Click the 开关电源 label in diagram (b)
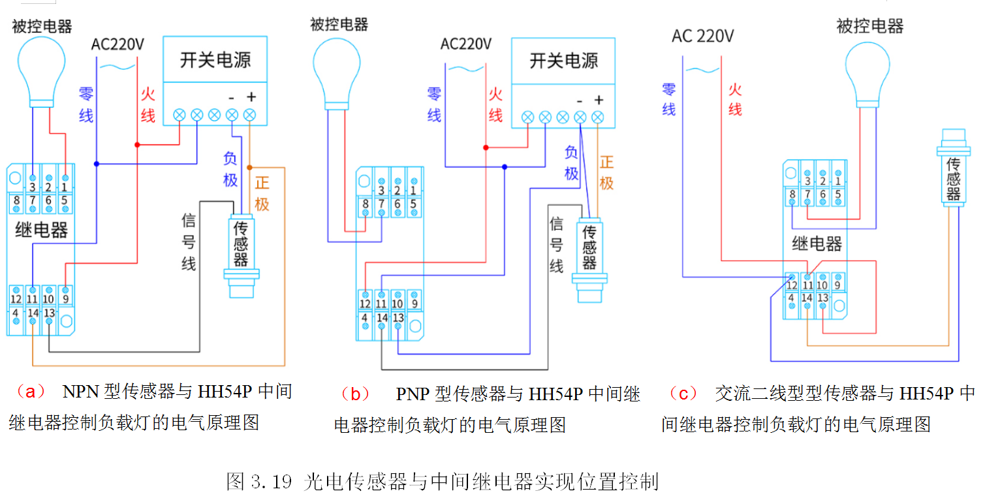pyautogui.click(x=563, y=61)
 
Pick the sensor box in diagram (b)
pyautogui.click(x=589, y=247)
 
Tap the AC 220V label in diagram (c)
pyautogui.click(x=702, y=36)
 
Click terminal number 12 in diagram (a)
pyautogui.click(x=16, y=299)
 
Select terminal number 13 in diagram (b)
pyautogui.click(x=398, y=318)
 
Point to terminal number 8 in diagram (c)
pyautogui.click(x=792, y=193)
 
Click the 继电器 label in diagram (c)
pyautogui.click(x=817, y=244)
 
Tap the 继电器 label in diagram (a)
pyautogui.click(x=41, y=230)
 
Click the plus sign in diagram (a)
pyautogui.click(x=251, y=97)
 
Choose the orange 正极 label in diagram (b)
pyautogui.click(x=606, y=172)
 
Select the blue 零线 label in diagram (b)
pyautogui.click(x=434, y=104)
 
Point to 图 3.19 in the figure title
pyautogui.click(x=257, y=482)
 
